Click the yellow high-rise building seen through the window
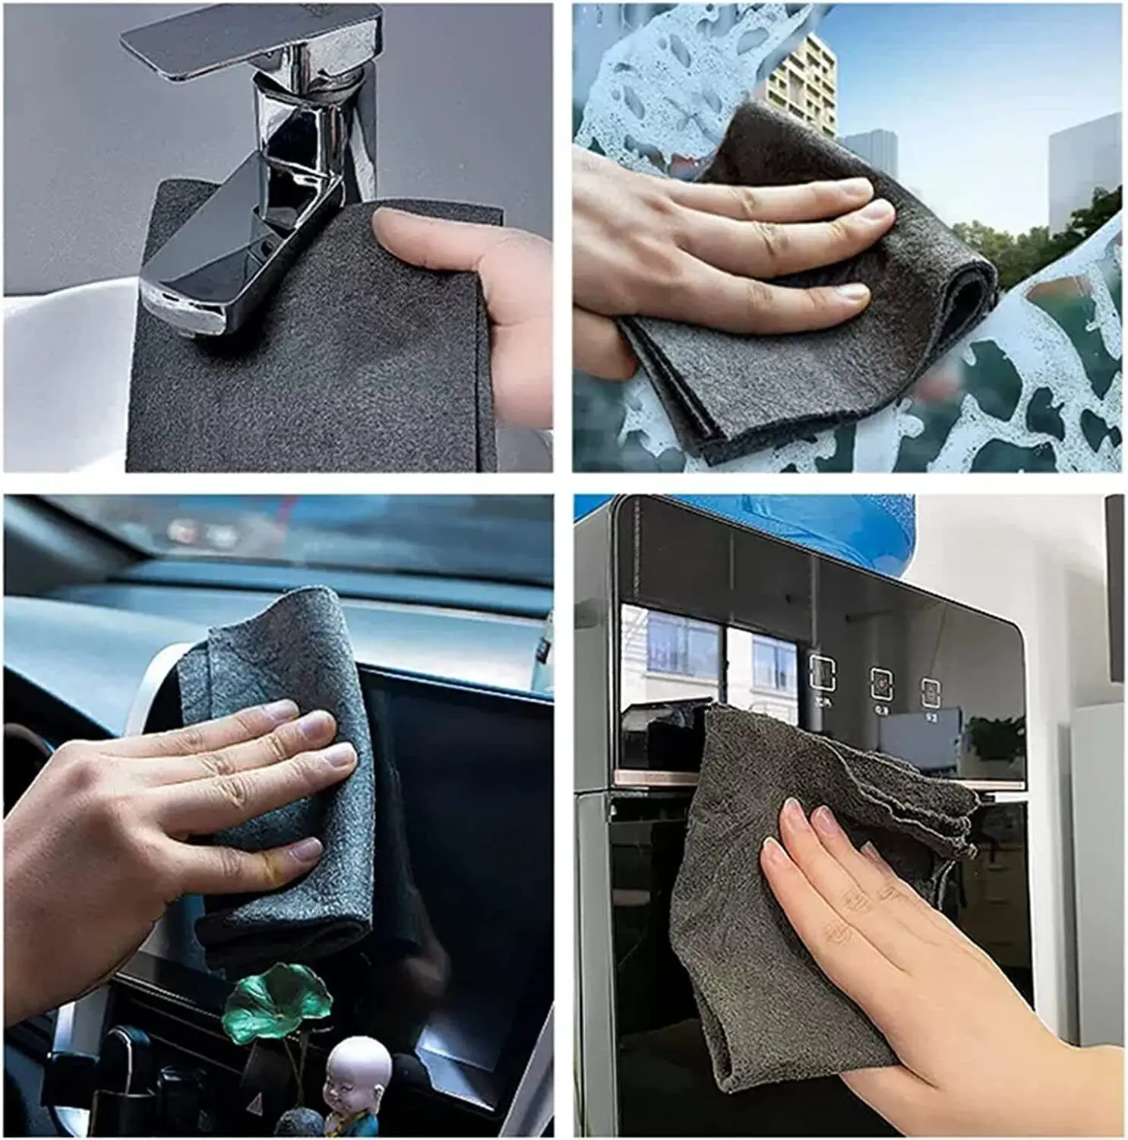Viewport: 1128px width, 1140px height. tap(801, 84)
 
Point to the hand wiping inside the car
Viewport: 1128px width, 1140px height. tap(152, 821)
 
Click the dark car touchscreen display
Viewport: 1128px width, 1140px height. tap(471, 874)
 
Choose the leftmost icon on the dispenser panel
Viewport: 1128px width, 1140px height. tap(822, 673)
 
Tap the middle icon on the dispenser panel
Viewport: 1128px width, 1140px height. tap(881, 684)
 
